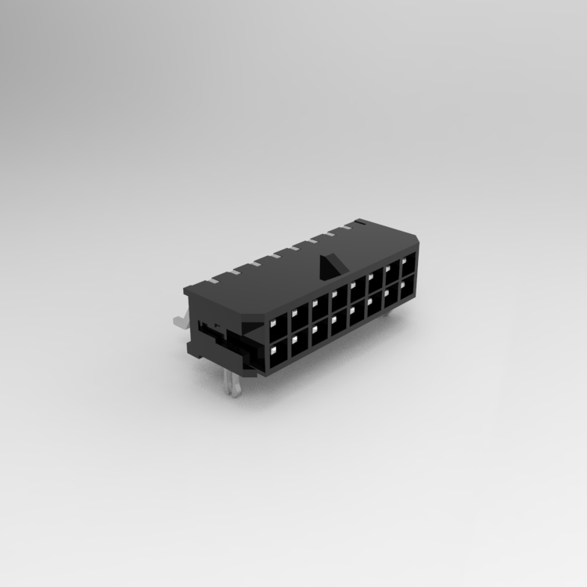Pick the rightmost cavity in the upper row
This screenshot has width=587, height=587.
point(408,266)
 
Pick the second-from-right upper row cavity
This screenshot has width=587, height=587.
point(391,274)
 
